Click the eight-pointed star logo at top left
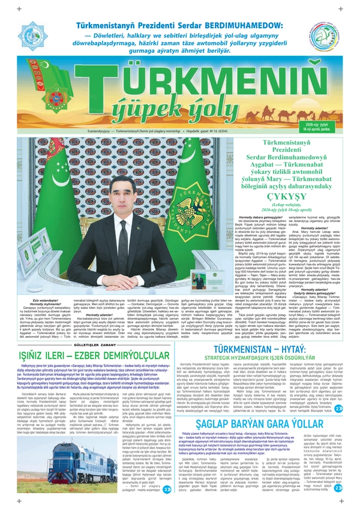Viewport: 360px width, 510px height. pyautogui.click(x=34, y=35)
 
